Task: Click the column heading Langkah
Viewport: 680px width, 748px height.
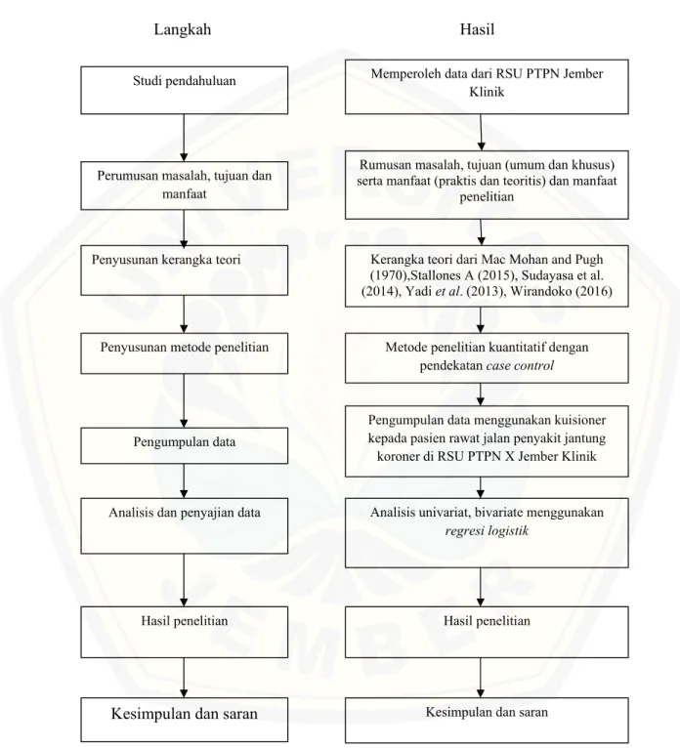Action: [183, 29]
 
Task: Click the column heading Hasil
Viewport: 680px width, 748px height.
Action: [477, 29]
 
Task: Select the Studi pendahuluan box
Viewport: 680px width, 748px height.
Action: [185, 90]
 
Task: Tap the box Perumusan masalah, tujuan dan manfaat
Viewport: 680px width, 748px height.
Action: [185, 186]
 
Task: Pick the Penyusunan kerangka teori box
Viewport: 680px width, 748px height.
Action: [185, 270]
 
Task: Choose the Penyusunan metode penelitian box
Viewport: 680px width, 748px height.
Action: [185, 353]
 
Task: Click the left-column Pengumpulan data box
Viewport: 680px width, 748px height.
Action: [185, 445]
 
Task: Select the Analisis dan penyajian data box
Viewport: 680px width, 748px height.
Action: [185, 526]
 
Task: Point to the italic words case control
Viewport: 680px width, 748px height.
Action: [520, 366]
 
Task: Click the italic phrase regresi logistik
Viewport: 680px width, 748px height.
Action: [487, 531]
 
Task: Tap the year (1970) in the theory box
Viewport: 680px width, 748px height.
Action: [386, 275]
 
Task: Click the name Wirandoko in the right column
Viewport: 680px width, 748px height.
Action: [541, 291]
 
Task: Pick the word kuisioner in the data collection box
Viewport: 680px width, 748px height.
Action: [579, 420]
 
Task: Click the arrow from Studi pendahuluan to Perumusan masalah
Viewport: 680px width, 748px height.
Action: [184, 138]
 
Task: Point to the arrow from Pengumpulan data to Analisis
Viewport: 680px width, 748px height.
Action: [184, 480]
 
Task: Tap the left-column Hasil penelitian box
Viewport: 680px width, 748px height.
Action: [185, 632]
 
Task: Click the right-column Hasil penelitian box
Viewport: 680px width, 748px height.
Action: [487, 632]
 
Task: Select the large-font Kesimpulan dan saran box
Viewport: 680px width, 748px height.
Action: [185, 720]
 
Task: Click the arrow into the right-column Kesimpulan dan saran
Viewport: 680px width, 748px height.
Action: [481, 678]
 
